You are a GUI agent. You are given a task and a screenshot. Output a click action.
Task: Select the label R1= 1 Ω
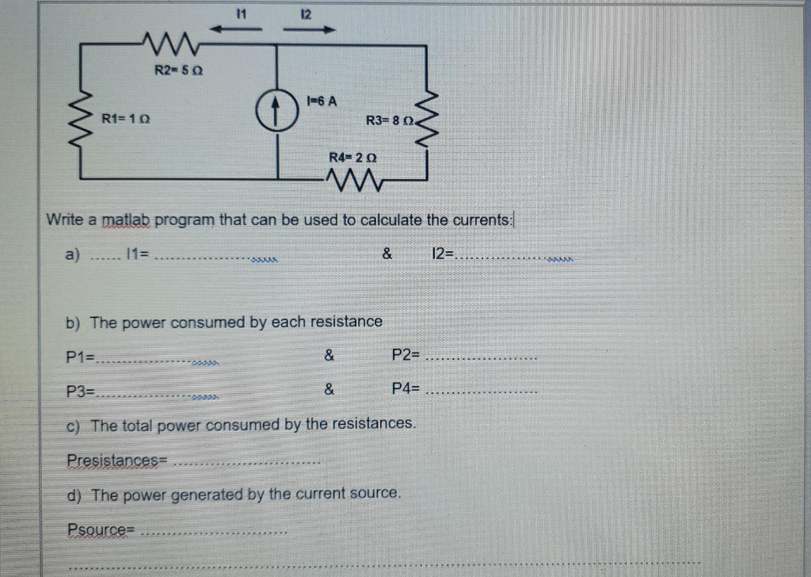(x=127, y=119)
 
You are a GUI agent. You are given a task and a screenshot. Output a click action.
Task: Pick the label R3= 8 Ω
(x=389, y=120)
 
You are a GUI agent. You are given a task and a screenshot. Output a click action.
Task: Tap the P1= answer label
(x=80, y=357)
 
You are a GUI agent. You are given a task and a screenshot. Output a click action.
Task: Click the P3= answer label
(x=80, y=390)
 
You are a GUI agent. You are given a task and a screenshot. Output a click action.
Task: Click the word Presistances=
(x=117, y=460)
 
